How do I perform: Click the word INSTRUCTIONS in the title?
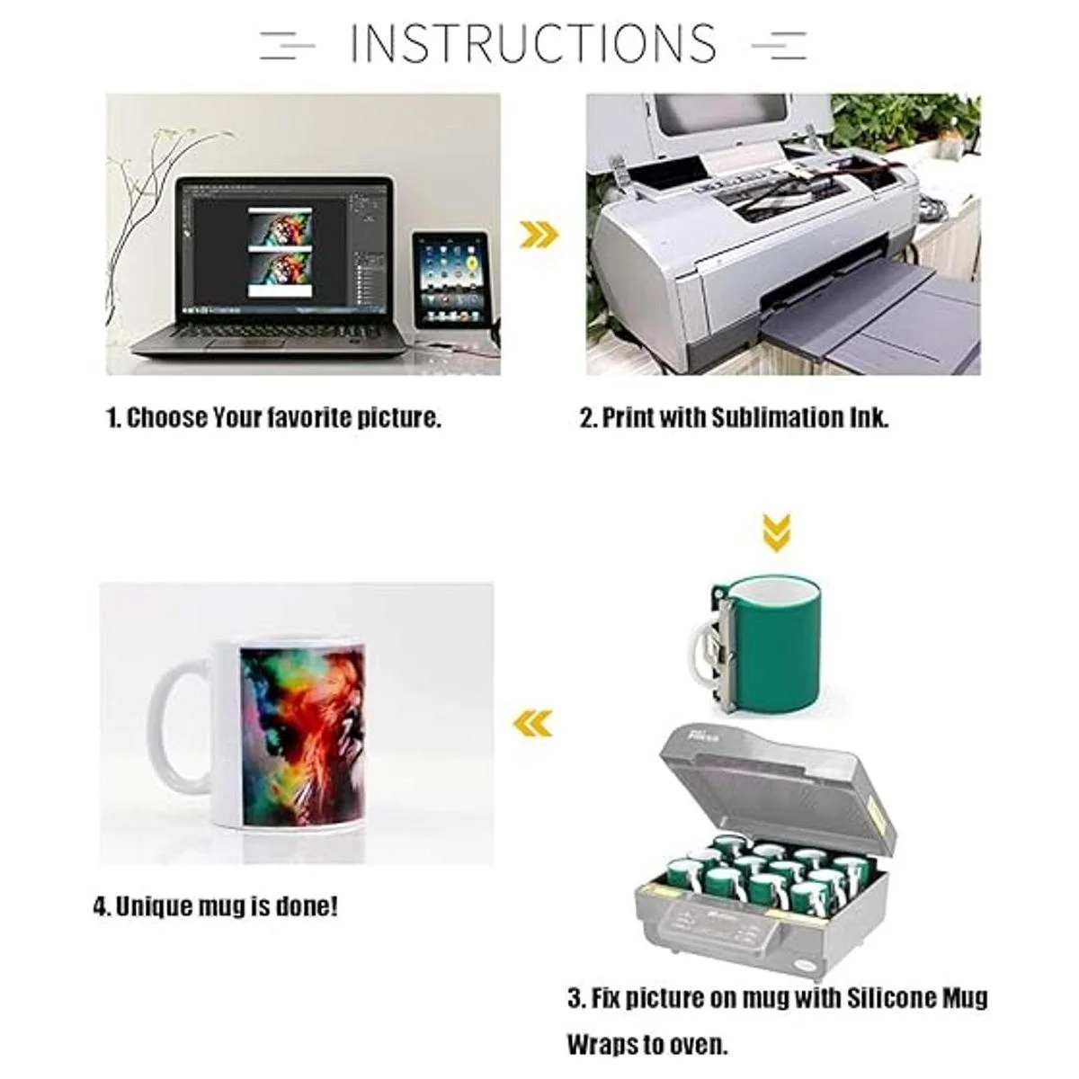point(532,42)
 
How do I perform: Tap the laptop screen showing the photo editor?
point(284,248)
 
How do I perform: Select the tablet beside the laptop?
point(450,281)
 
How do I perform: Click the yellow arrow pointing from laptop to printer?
point(539,235)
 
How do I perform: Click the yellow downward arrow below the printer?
point(777,533)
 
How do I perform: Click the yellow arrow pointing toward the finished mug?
point(532,722)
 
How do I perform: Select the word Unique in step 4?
point(151,907)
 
